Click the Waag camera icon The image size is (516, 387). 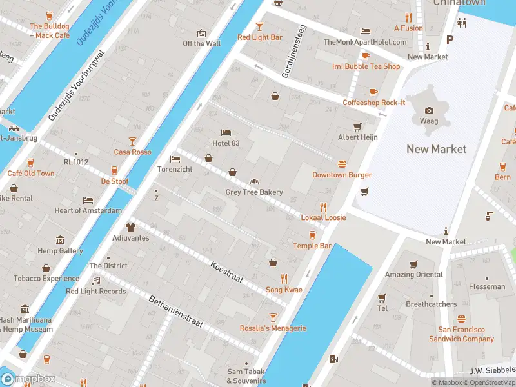(429, 110)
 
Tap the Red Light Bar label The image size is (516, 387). (260, 37)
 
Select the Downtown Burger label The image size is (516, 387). (342, 175)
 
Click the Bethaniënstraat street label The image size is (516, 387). (176, 313)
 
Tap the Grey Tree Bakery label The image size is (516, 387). (253, 192)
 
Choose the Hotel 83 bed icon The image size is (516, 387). (226, 132)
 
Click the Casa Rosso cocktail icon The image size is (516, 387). (133, 141)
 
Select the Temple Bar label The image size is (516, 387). (312, 246)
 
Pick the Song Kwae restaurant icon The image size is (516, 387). (284, 279)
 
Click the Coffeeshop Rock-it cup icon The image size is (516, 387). (373, 92)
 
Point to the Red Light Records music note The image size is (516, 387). (96, 281)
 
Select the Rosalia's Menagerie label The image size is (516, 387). (273, 328)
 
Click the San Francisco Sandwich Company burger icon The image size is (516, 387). (461, 319)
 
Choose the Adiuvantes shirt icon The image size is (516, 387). (131, 227)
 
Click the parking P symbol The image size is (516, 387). (450, 39)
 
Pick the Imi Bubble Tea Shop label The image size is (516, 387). (366, 66)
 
